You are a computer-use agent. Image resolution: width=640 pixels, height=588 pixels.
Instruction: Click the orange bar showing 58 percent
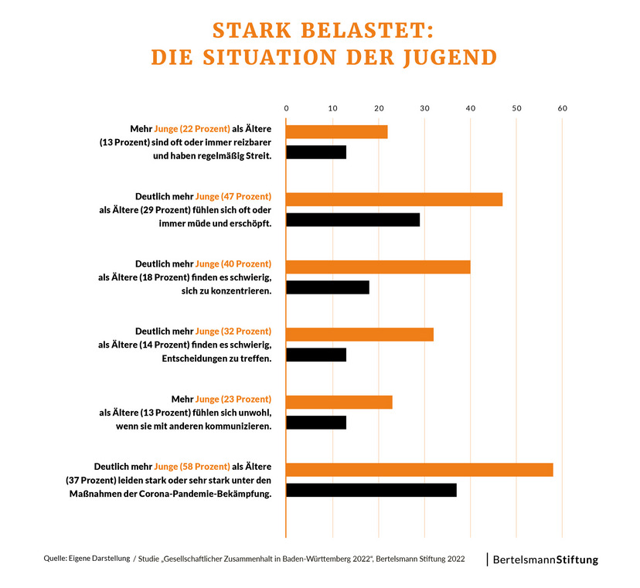tap(420, 470)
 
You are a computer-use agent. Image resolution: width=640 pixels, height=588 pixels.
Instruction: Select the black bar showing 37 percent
tap(371, 490)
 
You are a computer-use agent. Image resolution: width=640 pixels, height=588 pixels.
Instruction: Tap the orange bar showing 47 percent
tap(394, 199)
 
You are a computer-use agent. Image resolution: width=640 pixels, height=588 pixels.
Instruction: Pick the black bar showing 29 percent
tap(353, 219)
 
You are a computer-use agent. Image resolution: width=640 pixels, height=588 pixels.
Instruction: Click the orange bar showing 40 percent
tap(378, 267)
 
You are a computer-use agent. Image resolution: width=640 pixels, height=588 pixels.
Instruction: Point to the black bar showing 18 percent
tap(328, 287)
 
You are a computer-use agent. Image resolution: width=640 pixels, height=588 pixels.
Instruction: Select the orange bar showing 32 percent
tap(360, 335)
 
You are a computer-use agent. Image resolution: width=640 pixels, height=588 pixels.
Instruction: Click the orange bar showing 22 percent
tap(337, 131)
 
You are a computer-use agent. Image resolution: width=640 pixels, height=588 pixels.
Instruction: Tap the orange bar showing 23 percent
tap(339, 402)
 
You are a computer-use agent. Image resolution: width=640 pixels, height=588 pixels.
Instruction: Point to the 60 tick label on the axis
tap(562, 108)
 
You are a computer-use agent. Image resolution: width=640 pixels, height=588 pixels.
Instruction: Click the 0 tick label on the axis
tap(286, 108)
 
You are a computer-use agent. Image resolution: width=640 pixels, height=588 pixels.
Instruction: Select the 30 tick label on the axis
tap(424, 108)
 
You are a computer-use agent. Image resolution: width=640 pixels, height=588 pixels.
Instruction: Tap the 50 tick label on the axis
tap(516, 108)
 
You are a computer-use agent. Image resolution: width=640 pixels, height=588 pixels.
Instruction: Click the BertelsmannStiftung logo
tap(545, 559)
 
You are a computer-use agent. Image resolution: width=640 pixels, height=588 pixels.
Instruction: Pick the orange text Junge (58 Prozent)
tap(193, 466)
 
